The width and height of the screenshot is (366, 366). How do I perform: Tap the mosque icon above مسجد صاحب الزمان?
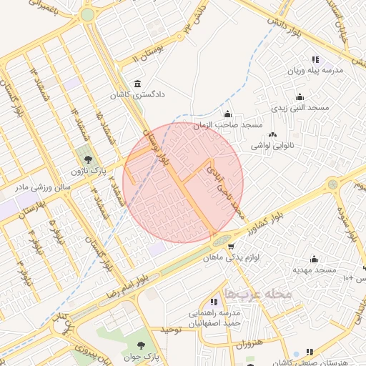(x=227, y=114)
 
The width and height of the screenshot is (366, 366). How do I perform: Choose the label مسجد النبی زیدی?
(x=298, y=107)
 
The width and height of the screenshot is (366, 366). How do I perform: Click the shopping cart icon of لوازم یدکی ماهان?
(x=231, y=247)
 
